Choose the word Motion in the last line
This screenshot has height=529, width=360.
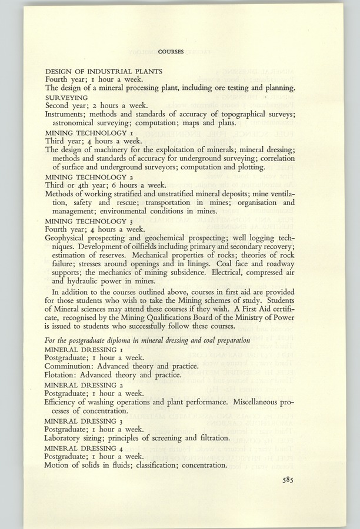click(58, 465)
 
